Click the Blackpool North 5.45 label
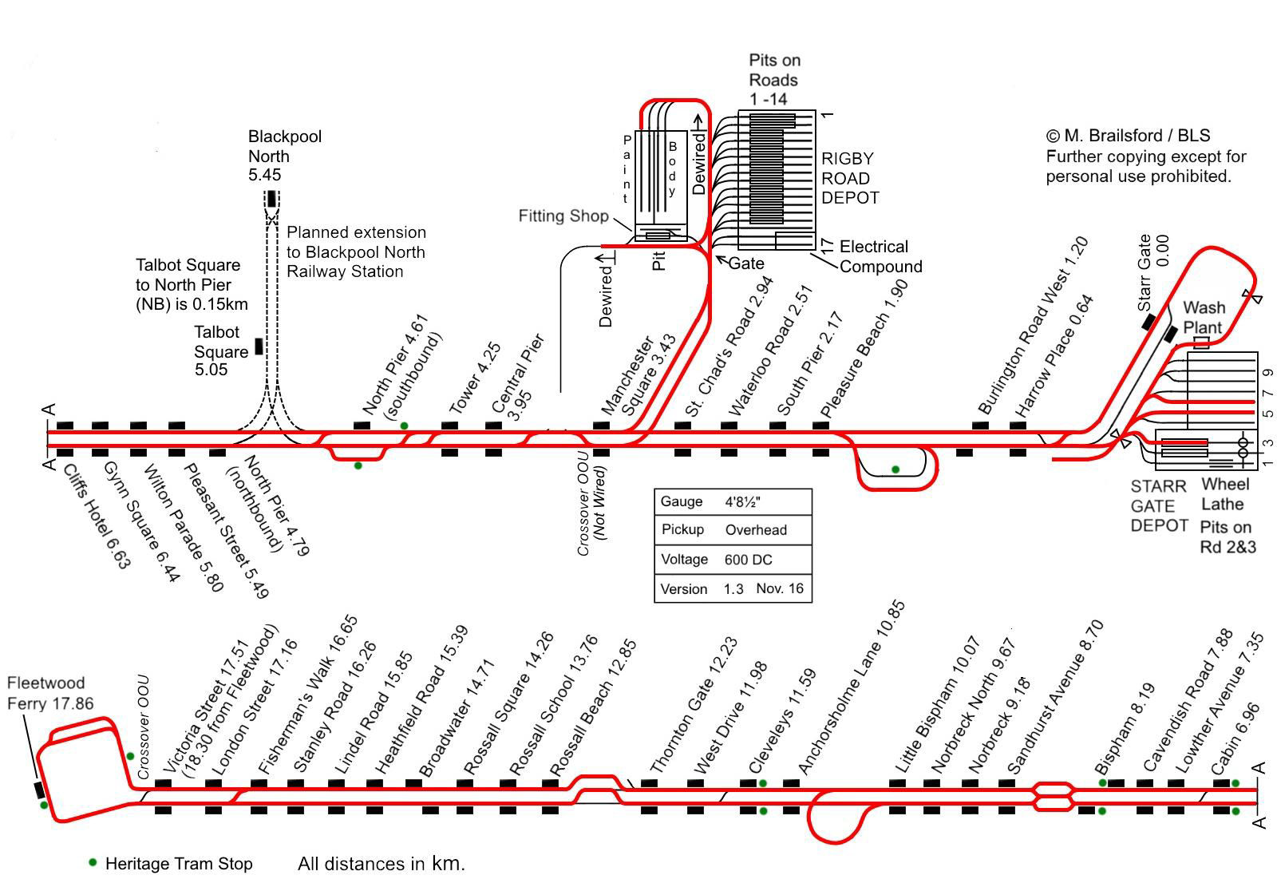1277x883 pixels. (284, 156)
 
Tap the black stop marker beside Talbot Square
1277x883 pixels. (259, 346)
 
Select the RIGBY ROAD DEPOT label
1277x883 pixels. (849, 178)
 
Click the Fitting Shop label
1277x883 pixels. (563, 216)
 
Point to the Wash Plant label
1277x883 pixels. (1203, 317)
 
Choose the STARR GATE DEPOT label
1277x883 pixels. (1159, 506)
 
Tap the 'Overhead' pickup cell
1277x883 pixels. (755, 530)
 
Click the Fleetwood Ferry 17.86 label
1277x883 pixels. (49, 693)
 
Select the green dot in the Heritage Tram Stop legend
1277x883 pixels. (93, 862)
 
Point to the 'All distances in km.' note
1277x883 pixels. (381, 863)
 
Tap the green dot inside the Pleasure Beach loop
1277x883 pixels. (895, 469)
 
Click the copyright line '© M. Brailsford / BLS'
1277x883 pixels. (1128, 136)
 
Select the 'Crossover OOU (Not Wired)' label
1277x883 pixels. (591, 511)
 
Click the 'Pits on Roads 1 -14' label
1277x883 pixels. (773, 80)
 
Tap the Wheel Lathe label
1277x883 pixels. (1225, 494)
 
